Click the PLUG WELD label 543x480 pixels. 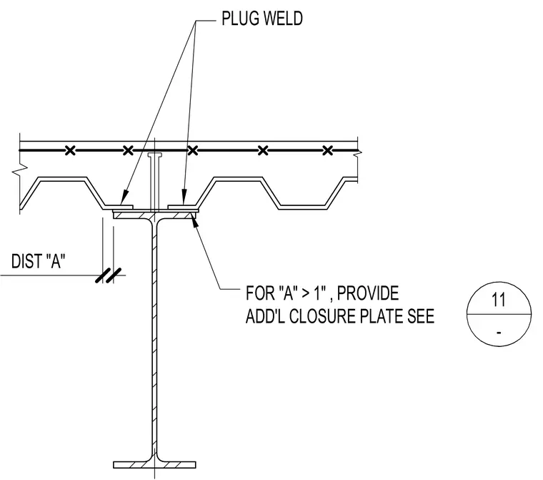click(261, 19)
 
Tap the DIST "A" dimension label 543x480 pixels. click(38, 261)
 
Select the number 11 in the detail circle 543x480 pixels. click(498, 300)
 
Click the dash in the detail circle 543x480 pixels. click(499, 333)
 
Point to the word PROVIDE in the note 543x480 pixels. click(368, 293)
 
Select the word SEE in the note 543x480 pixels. click(421, 316)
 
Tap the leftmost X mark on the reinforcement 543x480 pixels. click(70, 150)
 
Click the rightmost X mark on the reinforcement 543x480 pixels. click(328, 150)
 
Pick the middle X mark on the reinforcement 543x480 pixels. click(193, 150)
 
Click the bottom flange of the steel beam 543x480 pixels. click(154, 465)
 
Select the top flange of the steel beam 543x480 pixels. click(154, 215)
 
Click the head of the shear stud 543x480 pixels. click(155, 155)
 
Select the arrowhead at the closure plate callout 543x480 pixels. click(195, 220)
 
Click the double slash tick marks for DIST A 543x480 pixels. click(108, 275)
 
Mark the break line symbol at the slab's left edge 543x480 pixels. click(19, 171)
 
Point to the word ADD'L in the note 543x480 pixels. click(265, 316)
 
